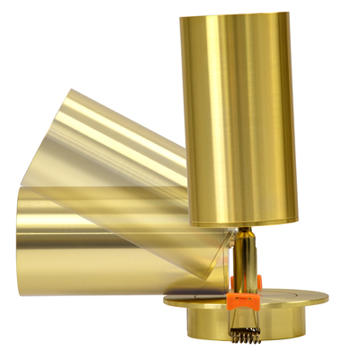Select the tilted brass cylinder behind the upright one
[x=117, y=144]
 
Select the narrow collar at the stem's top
[x=245, y=232]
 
